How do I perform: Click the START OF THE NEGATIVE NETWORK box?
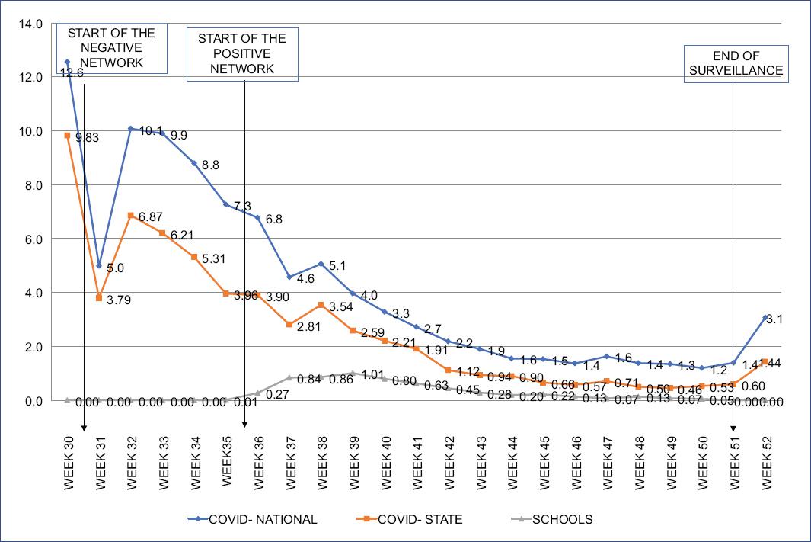click(x=112, y=48)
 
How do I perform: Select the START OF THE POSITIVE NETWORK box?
click(x=242, y=53)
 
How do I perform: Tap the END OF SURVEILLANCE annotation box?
click(x=736, y=63)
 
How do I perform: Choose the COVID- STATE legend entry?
click(x=412, y=520)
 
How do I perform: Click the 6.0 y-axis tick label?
click(x=33, y=239)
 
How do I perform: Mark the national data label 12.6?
click(x=72, y=73)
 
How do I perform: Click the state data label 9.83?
click(x=88, y=137)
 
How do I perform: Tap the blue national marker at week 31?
click(x=99, y=265)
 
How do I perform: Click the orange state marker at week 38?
click(x=321, y=305)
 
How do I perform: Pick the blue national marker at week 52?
click(x=765, y=317)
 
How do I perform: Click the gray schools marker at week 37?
click(x=289, y=377)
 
